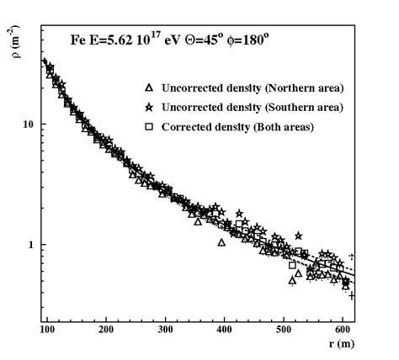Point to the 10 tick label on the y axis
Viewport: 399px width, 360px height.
pyautogui.click(x=27, y=124)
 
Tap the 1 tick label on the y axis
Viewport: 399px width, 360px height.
pyautogui.click(x=30, y=246)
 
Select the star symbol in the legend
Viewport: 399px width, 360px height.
pyautogui.click(x=148, y=108)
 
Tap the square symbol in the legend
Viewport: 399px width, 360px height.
pyautogui.click(x=148, y=126)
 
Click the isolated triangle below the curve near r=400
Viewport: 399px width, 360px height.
pyautogui.click(x=221, y=242)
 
